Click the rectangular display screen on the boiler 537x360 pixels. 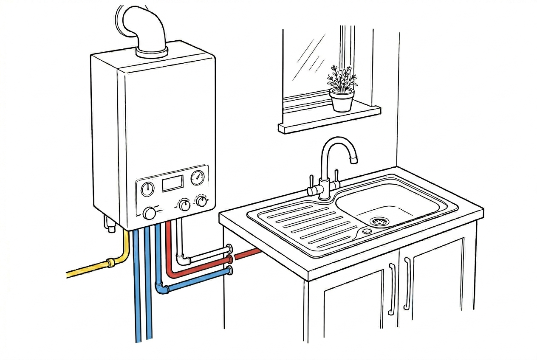(x=172, y=184)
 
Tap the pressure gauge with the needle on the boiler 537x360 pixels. (x=198, y=178)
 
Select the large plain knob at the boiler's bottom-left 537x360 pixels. (x=150, y=213)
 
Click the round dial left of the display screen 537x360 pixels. (x=147, y=188)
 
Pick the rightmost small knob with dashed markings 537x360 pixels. (x=201, y=201)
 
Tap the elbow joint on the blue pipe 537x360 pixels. (x=162, y=288)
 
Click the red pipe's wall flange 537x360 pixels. (x=230, y=259)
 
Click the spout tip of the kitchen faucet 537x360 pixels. (x=353, y=160)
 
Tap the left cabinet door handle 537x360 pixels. (x=392, y=289)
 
